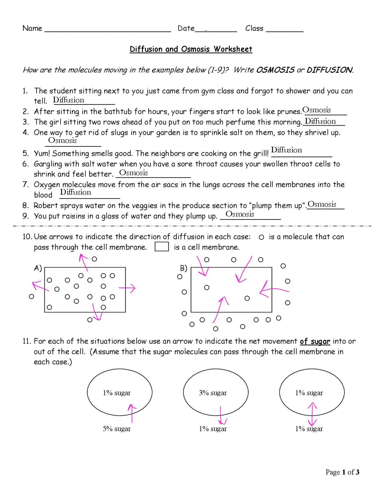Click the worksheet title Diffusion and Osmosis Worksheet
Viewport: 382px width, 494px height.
[191, 49]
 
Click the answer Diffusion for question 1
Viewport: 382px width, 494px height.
[69, 100]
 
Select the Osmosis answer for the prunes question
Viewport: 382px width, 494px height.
[317, 110]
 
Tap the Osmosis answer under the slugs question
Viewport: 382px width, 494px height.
[62, 140]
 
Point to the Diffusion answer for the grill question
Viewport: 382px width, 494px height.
[286, 150]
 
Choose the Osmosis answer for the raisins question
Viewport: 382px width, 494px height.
[240, 214]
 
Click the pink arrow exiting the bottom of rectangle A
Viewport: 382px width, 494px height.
[96, 312]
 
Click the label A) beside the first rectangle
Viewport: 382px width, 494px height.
[38, 268]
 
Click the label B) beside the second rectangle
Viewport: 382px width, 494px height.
[184, 268]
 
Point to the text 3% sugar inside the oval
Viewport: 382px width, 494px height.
[213, 393]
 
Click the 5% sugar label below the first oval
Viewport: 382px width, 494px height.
[117, 429]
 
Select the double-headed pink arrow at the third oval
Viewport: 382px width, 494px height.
[312, 414]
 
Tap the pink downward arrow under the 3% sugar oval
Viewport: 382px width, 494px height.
[221, 416]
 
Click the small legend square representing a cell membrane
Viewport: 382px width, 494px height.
[162, 247]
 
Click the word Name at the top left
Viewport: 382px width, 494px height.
[32, 28]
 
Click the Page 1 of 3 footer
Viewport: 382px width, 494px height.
[342, 472]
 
